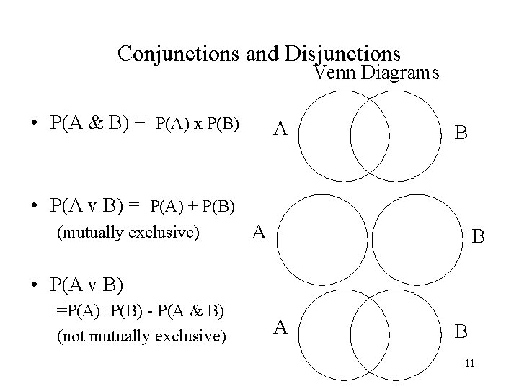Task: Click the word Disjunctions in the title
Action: (x=343, y=53)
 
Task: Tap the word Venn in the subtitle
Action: (x=337, y=73)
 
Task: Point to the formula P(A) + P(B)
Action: (x=192, y=207)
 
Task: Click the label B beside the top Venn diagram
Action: (x=461, y=133)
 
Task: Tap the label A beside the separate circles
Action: (x=260, y=231)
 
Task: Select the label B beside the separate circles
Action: (x=477, y=236)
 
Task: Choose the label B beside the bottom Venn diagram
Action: (x=462, y=331)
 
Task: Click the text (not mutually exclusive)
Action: (x=141, y=336)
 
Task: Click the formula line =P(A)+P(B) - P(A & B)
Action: (x=140, y=311)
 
